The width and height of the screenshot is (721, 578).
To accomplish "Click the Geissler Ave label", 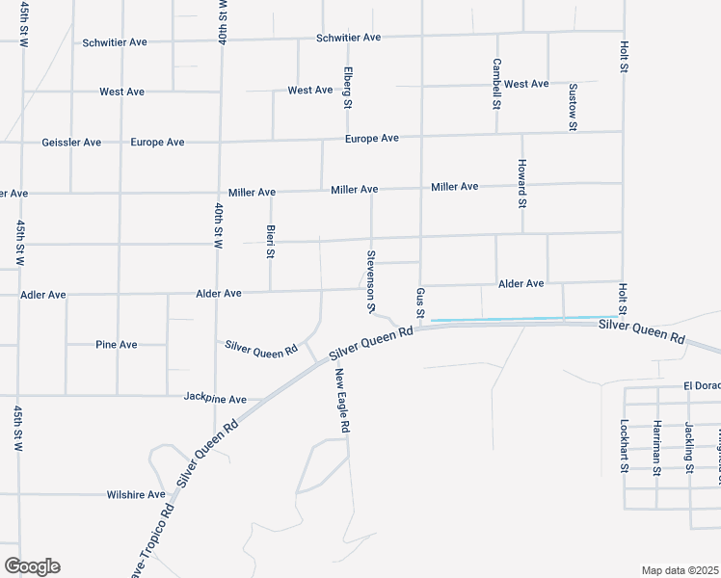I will click(x=71, y=143).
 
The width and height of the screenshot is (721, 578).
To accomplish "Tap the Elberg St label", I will click(x=348, y=86).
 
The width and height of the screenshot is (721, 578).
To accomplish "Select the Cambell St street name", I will click(x=496, y=83).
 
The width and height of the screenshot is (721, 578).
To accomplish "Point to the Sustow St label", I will click(x=572, y=106).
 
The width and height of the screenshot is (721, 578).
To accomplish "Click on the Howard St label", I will click(x=521, y=183).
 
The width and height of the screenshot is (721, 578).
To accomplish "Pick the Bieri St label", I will click(x=271, y=242).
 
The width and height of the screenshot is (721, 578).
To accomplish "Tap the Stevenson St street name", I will click(x=370, y=281).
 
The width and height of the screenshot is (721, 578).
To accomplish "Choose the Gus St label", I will click(x=420, y=300).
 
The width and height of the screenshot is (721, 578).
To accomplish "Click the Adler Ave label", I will click(x=43, y=294).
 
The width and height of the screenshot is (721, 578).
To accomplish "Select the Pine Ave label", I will click(x=117, y=344).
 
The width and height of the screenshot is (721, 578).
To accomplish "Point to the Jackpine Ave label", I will click(x=215, y=399).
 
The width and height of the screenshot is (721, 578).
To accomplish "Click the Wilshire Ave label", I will click(x=136, y=495).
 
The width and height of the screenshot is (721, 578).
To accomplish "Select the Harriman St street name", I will click(x=656, y=448).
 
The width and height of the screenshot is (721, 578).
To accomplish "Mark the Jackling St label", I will click(x=689, y=448).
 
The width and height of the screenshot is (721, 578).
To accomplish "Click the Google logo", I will click(x=32, y=566).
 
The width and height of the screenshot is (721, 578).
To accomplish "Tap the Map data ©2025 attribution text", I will click(x=680, y=570).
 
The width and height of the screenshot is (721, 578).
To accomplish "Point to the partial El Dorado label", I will click(x=702, y=385).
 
